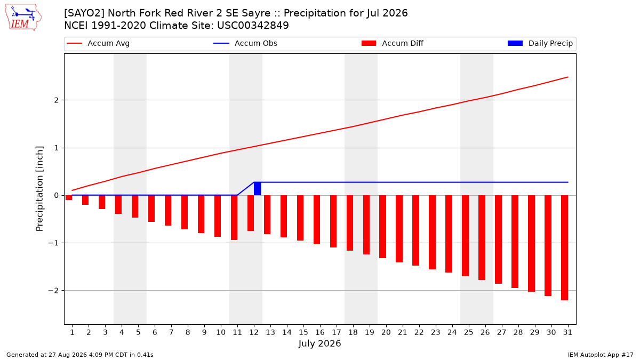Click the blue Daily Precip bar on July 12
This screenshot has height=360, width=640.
257,189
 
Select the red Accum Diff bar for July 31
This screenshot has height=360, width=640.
564,247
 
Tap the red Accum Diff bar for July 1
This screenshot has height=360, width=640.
69,198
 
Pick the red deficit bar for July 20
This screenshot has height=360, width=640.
382,227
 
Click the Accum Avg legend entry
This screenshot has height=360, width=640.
98,43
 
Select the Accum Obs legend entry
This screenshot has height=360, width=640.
245,43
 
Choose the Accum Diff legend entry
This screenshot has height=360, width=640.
393,43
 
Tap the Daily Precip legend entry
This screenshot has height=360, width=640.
540,43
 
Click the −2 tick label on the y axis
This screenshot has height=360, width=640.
53,291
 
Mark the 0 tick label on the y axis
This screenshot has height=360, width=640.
57,195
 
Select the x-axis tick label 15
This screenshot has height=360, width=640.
303,332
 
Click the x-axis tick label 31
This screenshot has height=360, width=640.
567,332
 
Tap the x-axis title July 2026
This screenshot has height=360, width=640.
319,343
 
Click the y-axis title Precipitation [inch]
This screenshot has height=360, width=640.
39,189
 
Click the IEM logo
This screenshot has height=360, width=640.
23,18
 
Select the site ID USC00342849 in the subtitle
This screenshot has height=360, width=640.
253,26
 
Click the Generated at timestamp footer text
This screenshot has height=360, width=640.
79,355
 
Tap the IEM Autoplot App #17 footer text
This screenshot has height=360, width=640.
601,355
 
